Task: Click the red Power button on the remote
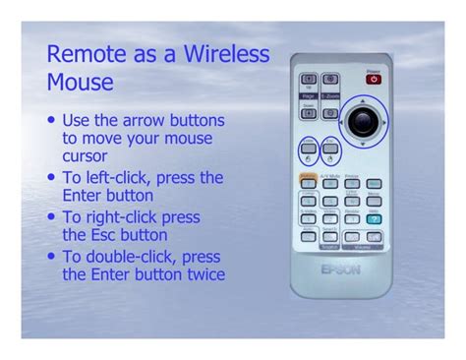point(373,79)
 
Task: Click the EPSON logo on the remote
point(340,268)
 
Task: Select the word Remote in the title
point(82,53)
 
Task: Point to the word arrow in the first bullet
point(139,121)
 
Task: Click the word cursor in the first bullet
point(86,156)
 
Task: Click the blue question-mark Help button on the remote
point(375,218)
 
